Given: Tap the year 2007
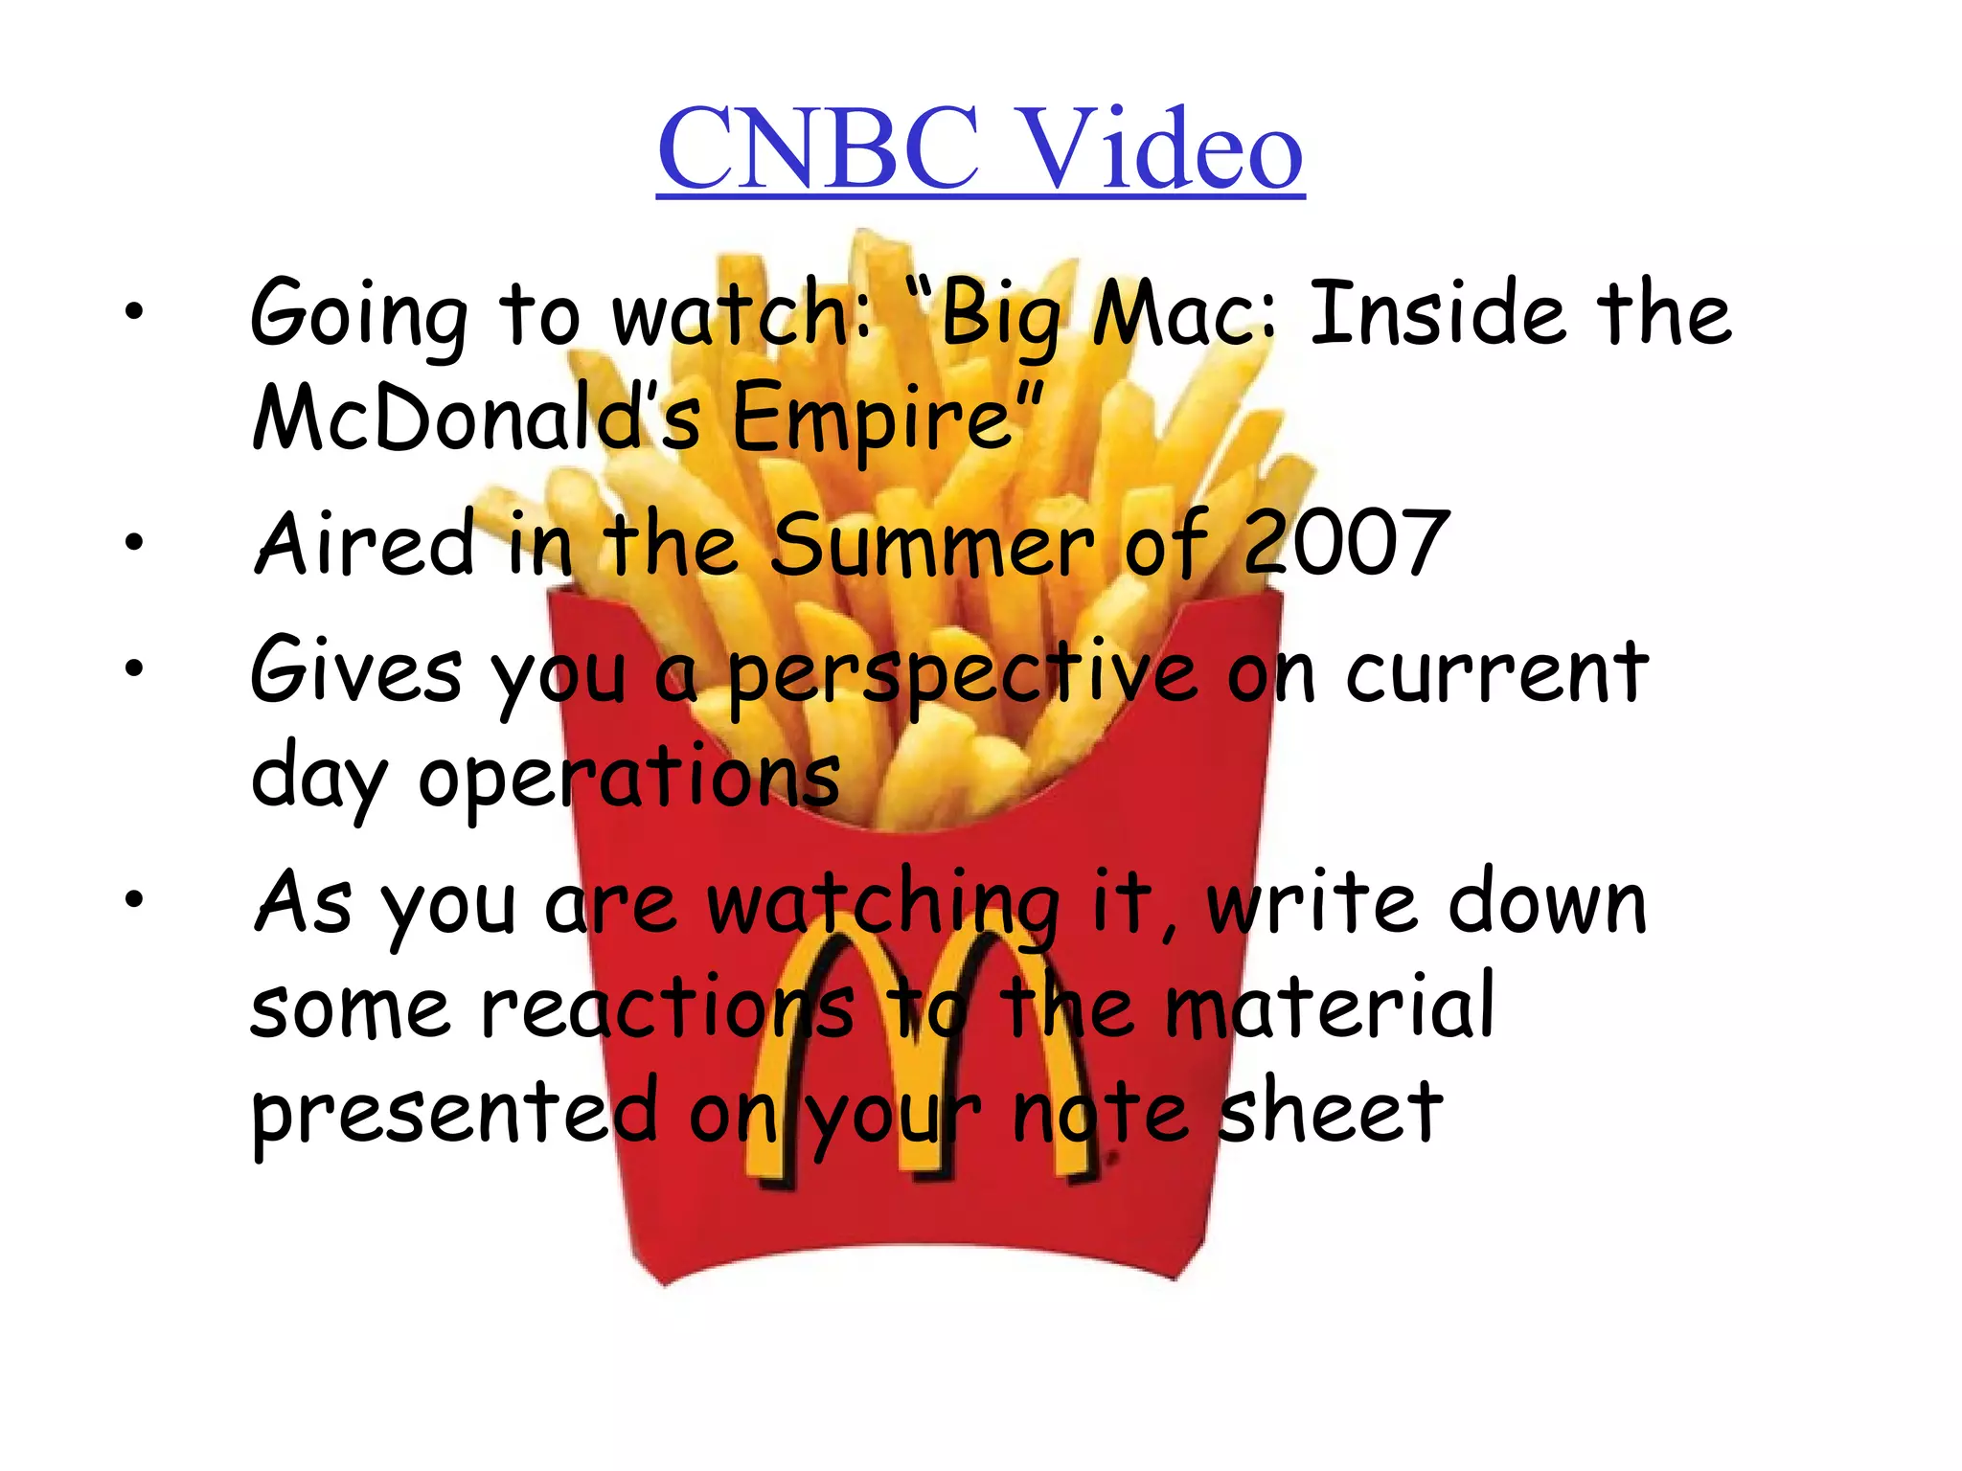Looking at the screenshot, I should click(x=1345, y=543).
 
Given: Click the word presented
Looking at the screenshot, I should click(x=454, y=1113).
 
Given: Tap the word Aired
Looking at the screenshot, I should click(x=364, y=543).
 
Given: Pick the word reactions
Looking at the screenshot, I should click(x=667, y=1007).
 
